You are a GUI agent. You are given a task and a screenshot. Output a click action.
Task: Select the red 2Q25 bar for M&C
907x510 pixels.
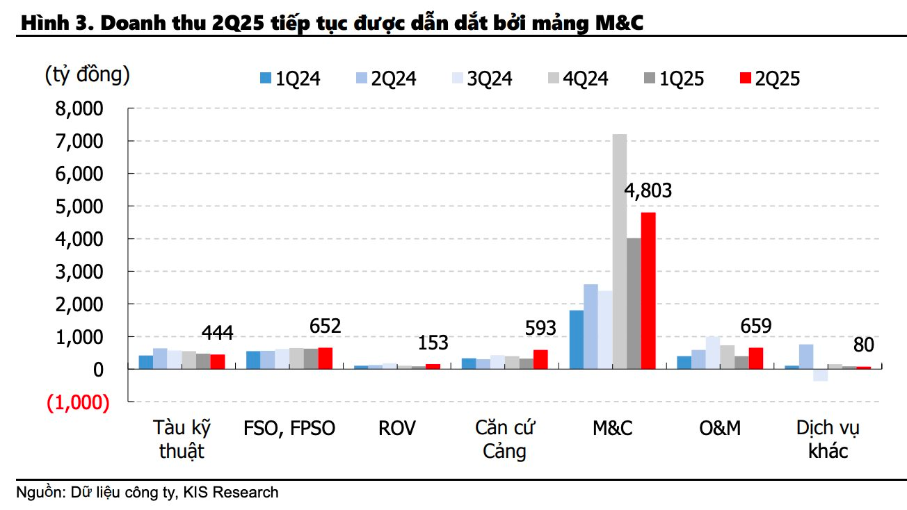pyautogui.click(x=648, y=290)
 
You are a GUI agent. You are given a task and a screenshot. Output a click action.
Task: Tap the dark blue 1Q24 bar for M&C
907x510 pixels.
pyautogui.click(x=577, y=339)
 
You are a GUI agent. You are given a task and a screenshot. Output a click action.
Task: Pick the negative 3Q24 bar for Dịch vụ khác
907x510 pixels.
pyautogui.click(x=820, y=375)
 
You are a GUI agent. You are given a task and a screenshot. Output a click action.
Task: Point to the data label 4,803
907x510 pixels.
pyautogui.click(x=648, y=191)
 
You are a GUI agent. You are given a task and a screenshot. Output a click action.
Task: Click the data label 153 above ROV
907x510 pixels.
pyautogui.click(x=432, y=343)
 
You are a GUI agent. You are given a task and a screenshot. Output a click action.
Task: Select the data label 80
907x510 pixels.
pyautogui.click(x=863, y=345)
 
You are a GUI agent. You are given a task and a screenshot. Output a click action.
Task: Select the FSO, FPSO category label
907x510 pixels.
pyautogui.click(x=289, y=428)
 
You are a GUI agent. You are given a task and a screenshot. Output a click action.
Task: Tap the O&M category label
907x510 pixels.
pyautogui.click(x=720, y=428)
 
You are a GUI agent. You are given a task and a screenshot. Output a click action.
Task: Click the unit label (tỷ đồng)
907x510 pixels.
pyautogui.click(x=87, y=74)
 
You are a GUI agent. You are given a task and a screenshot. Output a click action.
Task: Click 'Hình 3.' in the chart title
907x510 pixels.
pyautogui.click(x=52, y=23)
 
